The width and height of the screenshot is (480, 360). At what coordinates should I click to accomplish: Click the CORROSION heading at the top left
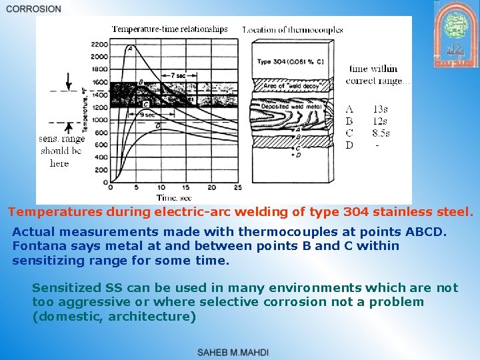point(33,9)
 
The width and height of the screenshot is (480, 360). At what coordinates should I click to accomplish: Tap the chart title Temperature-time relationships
point(169,29)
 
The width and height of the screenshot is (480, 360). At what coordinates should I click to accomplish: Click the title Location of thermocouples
point(293,29)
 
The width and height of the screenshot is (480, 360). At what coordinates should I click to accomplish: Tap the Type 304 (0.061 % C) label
point(291,62)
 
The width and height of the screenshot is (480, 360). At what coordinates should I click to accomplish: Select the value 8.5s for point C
point(381,133)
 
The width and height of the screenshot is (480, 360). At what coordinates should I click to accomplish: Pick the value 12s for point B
point(380,121)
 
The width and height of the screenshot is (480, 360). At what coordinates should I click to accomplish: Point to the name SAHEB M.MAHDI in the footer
point(233,352)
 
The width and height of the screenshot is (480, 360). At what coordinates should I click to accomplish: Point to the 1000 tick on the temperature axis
point(99,119)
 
